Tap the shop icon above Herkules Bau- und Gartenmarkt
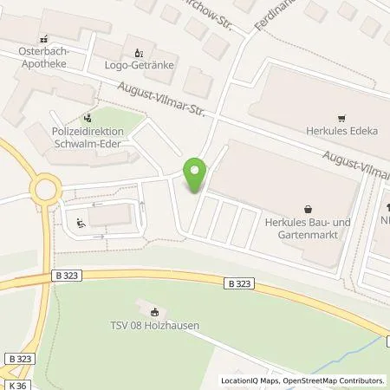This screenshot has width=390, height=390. pyautogui.click(x=309, y=208)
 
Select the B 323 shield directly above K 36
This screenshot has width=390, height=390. pyautogui.click(x=16, y=358)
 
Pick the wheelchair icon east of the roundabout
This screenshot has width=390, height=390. pyautogui.click(x=81, y=224)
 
